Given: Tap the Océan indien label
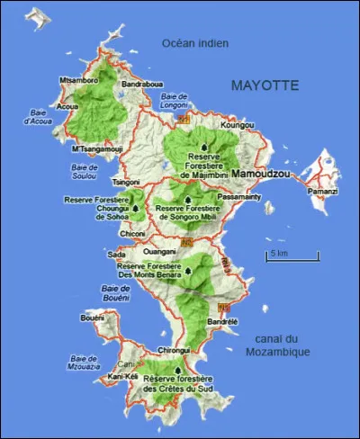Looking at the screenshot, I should pyautogui.click(x=195, y=43).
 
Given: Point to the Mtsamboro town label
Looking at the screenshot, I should pyautogui.click(x=77, y=80).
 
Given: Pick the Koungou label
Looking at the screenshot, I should pyautogui.click(x=237, y=125).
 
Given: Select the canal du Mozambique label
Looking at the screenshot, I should pyautogui.click(x=276, y=345).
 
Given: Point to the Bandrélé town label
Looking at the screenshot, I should pyautogui.click(x=222, y=321).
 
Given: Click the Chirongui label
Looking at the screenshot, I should pyautogui.click(x=174, y=350).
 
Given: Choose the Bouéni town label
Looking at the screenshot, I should pyautogui.click(x=93, y=318).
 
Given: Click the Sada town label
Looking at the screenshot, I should pyautogui.click(x=117, y=255).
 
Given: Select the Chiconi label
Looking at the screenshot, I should pyautogui.click(x=132, y=233).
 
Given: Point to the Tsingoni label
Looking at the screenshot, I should pyautogui.click(x=126, y=181).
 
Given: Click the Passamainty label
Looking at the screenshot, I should pyautogui.click(x=238, y=195).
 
